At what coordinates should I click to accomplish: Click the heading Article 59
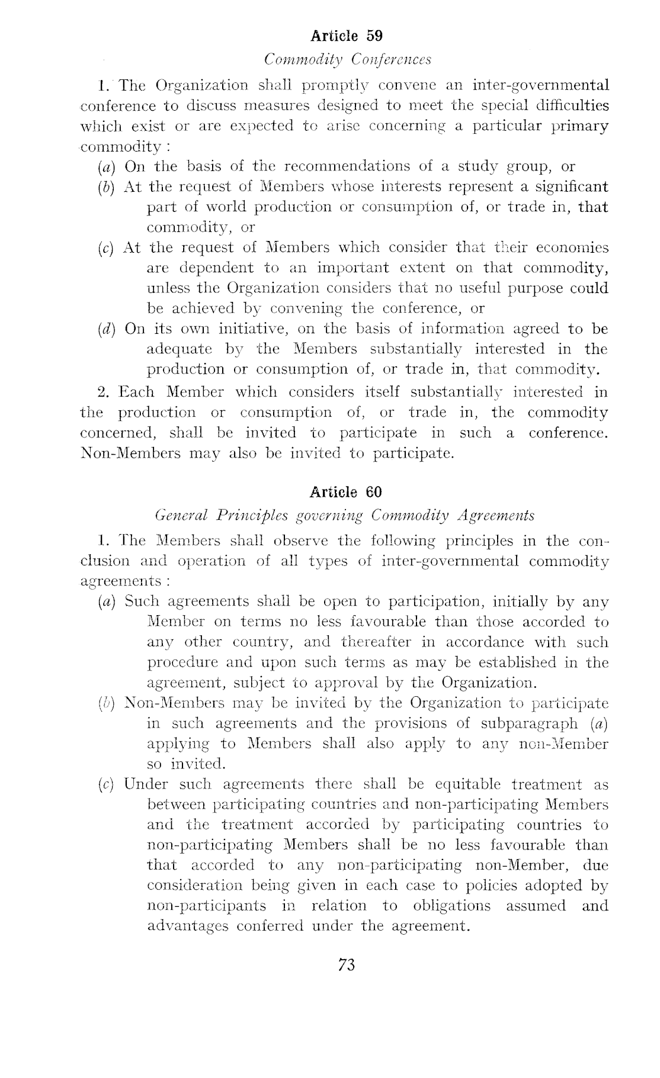pos(347,36)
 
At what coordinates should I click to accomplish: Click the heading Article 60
pos(346,492)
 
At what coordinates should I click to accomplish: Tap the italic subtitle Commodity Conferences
pos(347,60)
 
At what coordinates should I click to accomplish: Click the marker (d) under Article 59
pos(108,329)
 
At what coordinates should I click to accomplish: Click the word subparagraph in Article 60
pos(529,723)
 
